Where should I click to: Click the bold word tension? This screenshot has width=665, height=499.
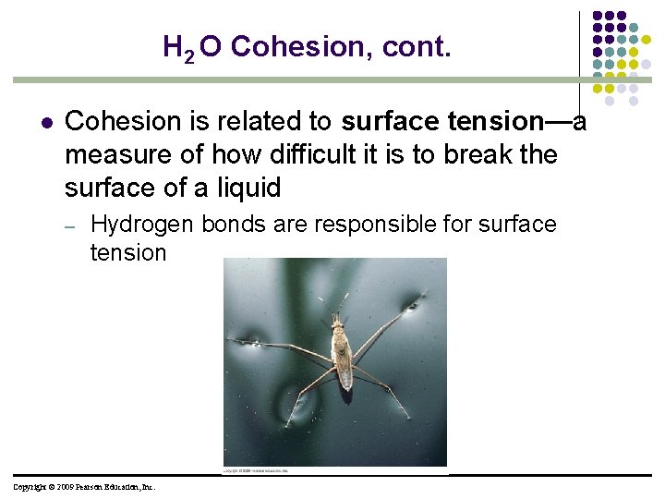tap(494, 122)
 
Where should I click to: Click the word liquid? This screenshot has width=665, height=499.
tap(248, 188)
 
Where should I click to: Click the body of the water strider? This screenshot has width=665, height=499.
tap(342, 356)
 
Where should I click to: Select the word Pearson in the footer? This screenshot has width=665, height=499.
tap(97, 487)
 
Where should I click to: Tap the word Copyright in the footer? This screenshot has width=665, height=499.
tap(30, 487)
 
